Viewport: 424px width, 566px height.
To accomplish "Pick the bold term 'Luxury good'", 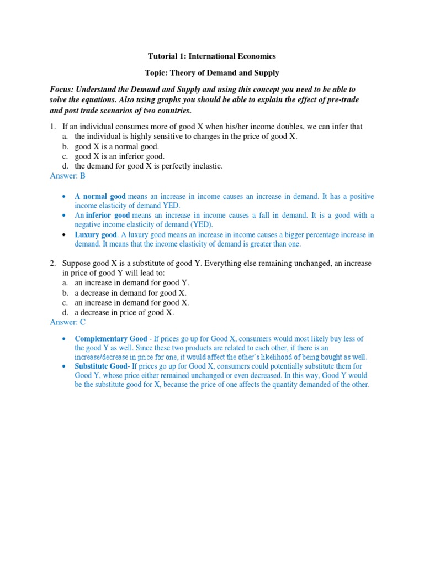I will pyautogui.click(x=96, y=234).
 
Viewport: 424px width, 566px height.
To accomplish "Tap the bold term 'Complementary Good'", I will pyautogui.click(x=111, y=338).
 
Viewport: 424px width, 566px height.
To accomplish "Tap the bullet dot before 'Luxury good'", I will pyautogui.click(x=65, y=234).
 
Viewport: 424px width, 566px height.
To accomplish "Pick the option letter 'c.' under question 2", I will pyautogui.click(x=65, y=302).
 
